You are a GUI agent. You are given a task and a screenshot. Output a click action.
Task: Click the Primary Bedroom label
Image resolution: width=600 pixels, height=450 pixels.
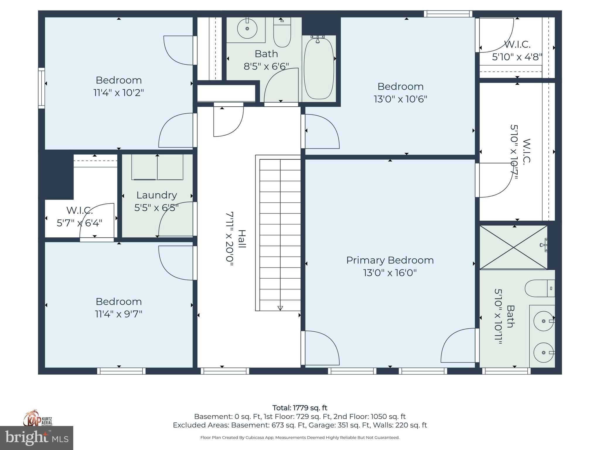click(390, 260)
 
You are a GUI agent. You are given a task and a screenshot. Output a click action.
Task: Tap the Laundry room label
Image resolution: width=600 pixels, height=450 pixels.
click(157, 195)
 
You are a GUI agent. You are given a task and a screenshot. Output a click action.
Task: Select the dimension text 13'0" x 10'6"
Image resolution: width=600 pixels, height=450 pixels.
click(400, 99)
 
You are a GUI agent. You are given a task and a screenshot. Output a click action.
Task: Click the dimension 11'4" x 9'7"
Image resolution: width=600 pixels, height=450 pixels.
click(119, 314)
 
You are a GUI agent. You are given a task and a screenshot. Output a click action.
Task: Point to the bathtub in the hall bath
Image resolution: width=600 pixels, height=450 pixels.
click(319, 69)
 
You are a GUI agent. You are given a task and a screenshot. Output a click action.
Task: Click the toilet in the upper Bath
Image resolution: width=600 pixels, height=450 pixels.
click(282, 32)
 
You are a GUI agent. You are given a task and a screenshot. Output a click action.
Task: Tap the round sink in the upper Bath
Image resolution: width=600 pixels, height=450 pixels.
click(247, 28)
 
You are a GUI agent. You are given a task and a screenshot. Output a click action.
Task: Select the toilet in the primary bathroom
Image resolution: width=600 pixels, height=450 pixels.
click(539, 288)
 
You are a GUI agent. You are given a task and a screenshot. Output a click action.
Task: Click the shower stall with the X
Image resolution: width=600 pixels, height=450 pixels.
click(513, 248)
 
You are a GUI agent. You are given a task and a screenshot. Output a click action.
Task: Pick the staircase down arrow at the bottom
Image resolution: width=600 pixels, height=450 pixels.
click(280, 308)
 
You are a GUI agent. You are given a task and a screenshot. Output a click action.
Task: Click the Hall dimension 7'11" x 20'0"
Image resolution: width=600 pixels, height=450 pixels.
click(230, 239)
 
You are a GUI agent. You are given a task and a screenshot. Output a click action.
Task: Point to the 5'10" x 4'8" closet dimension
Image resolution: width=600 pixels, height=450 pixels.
click(517, 57)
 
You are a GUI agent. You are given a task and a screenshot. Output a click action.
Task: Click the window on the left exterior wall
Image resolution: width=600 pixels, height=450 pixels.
click(41, 88)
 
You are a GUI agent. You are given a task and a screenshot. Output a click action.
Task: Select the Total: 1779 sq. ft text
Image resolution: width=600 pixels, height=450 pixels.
click(300, 408)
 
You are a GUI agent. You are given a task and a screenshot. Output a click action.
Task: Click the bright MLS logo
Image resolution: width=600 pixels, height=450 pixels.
click(37, 438)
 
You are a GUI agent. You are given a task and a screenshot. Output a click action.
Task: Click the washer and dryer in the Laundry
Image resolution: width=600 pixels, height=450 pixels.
click(157, 167)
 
